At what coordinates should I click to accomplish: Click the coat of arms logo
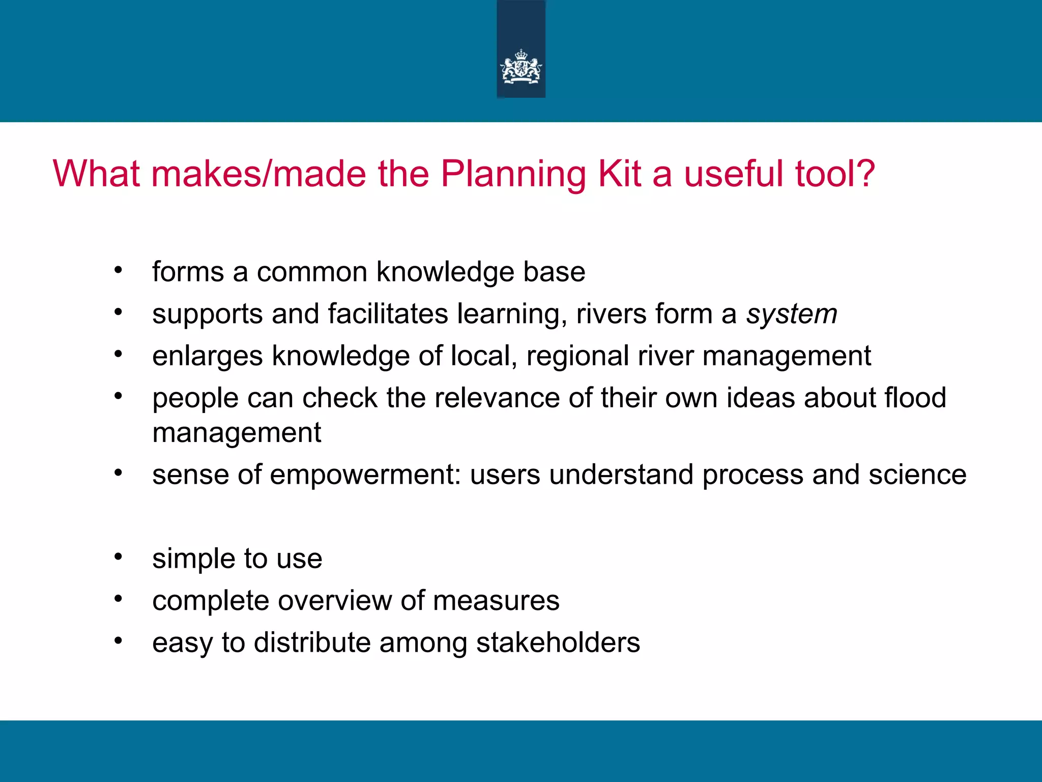coord(521,68)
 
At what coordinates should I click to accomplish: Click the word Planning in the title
coord(513,175)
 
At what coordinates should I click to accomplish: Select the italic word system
coord(792,314)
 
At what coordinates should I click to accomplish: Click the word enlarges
coord(208,356)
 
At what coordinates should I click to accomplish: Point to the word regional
coord(578,356)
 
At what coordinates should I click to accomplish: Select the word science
coord(917,475)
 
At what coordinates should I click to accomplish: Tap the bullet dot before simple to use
coord(118,556)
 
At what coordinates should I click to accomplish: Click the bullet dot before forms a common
coord(118,270)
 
